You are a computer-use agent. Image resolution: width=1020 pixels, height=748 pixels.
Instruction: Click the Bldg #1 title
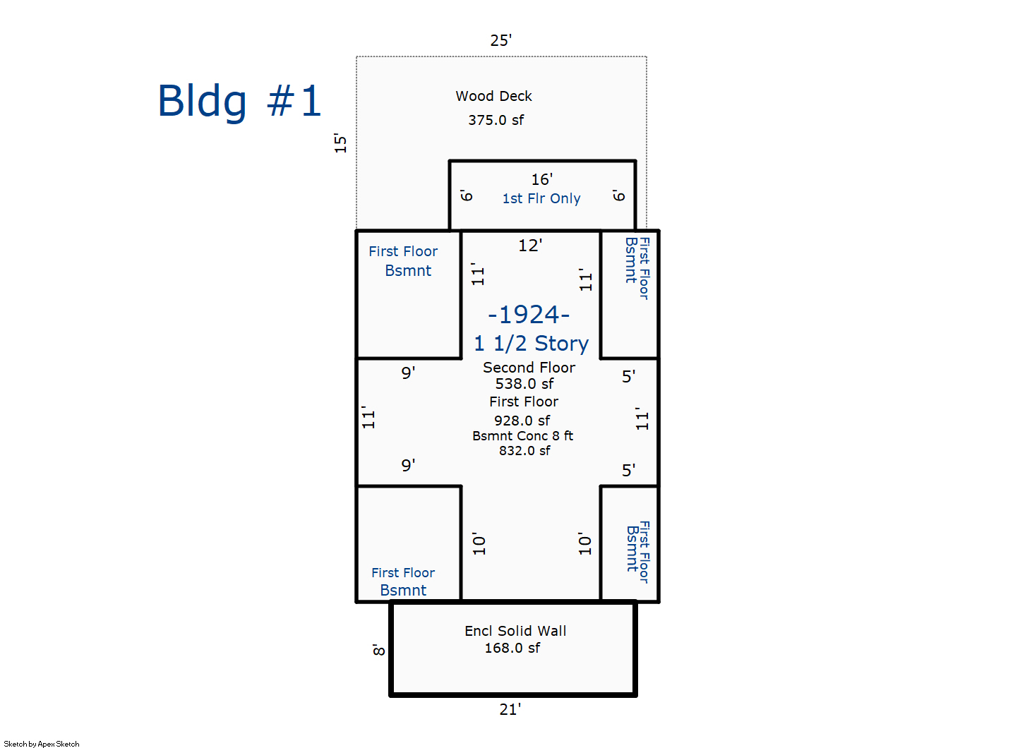239,101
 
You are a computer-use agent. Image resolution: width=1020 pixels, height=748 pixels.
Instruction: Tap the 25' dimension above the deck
500,40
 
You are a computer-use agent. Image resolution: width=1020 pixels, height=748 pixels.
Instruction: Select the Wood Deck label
493,96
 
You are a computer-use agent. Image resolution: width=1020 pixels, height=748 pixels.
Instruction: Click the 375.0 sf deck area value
496,120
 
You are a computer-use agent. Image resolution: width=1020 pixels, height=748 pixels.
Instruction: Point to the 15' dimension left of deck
341,143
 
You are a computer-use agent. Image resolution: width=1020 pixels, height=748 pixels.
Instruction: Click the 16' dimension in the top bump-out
541,179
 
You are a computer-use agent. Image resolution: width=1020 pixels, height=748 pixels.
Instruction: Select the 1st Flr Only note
541,198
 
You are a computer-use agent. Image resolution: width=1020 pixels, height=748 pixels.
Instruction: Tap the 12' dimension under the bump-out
529,245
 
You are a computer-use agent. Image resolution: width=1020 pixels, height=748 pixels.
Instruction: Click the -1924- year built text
529,314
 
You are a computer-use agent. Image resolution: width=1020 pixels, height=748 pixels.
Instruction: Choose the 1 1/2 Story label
531,344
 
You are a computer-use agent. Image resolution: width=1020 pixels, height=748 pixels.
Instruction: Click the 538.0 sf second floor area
524,384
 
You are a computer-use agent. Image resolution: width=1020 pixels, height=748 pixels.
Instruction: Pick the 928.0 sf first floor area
522,421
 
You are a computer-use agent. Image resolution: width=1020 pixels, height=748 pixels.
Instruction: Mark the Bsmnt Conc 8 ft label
522,436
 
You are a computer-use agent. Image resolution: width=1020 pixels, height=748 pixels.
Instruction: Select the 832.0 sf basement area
524,451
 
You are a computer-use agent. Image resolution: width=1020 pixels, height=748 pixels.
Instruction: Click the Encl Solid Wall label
515,631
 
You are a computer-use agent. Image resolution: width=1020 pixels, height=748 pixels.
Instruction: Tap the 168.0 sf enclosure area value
512,648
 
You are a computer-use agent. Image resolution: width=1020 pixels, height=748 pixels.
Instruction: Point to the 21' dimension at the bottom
510,709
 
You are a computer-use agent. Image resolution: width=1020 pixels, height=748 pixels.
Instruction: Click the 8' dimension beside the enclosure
379,650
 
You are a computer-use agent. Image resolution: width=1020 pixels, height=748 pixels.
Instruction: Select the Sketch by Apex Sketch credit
42,744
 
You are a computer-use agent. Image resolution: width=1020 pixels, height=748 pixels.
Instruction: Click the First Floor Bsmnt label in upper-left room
404,260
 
